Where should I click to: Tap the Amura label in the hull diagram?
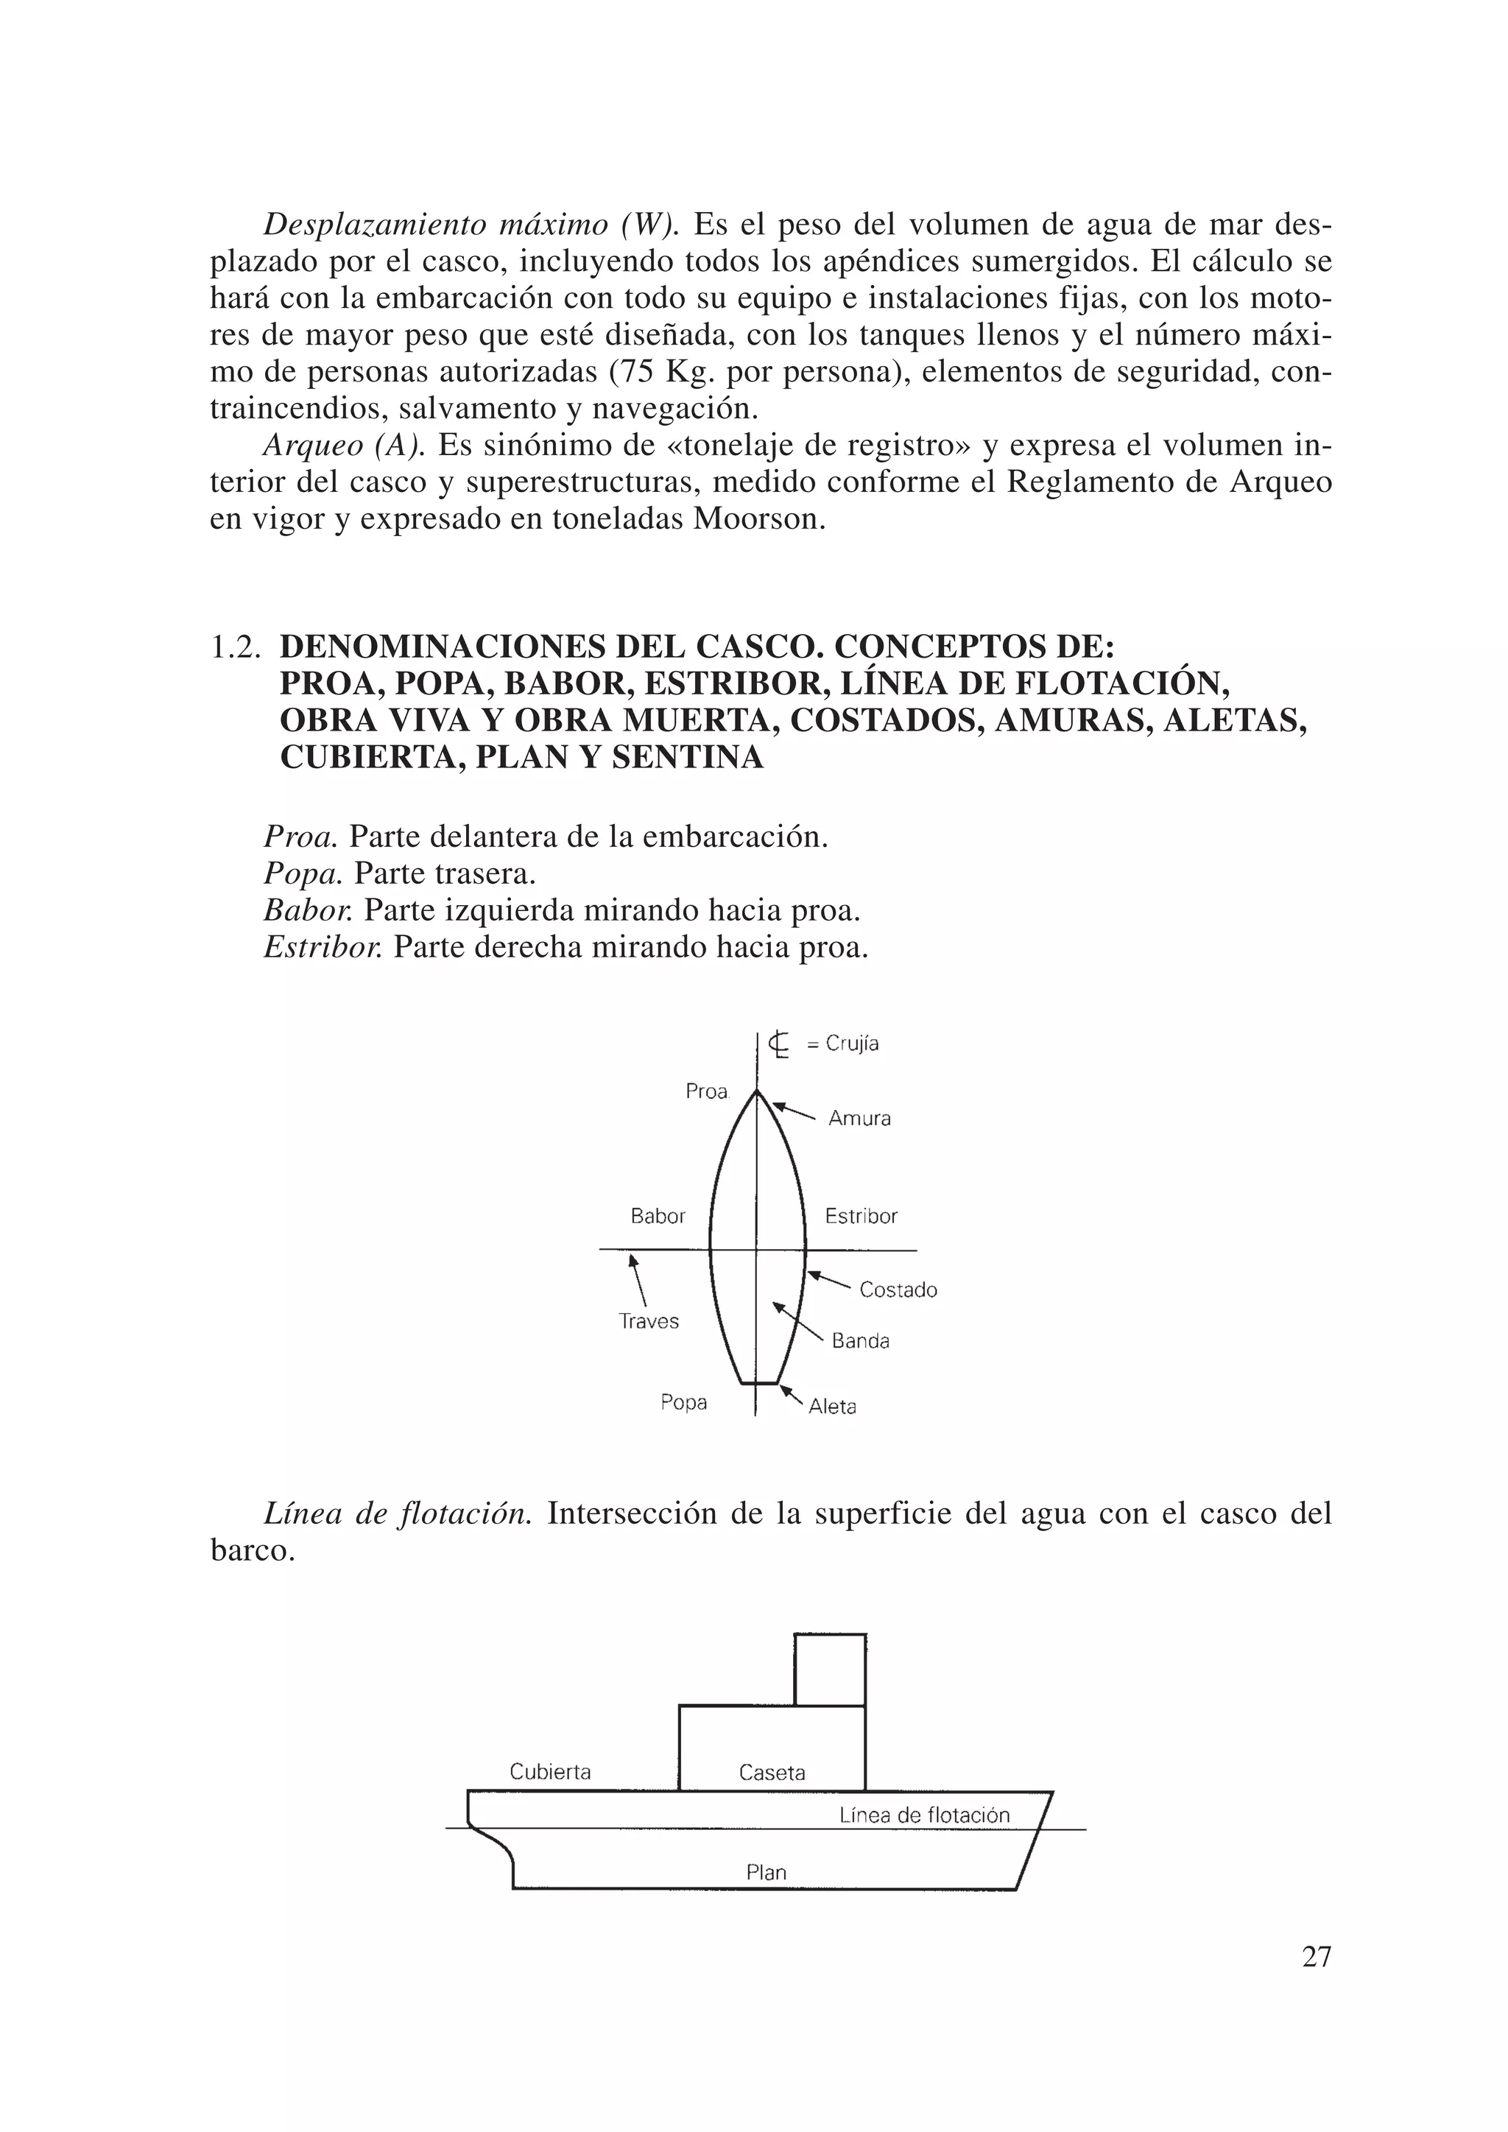point(859,1119)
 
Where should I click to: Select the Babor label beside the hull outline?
point(658,1217)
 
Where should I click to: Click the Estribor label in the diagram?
point(861,1217)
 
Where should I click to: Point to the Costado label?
point(898,1290)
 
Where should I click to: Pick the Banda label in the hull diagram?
point(861,1341)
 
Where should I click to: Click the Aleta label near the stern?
point(832,1407)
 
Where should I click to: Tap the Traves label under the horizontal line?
point(649,1321)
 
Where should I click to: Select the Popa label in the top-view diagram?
point(683,1402)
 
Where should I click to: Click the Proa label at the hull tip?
point(707,1092)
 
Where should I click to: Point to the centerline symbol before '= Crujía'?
point(780,1044)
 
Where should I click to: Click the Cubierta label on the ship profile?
point(550,1772)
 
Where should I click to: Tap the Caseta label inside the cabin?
point(772,1773)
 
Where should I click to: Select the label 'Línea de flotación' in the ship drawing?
point(924,1815)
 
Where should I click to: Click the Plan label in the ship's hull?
point(766,1873)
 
